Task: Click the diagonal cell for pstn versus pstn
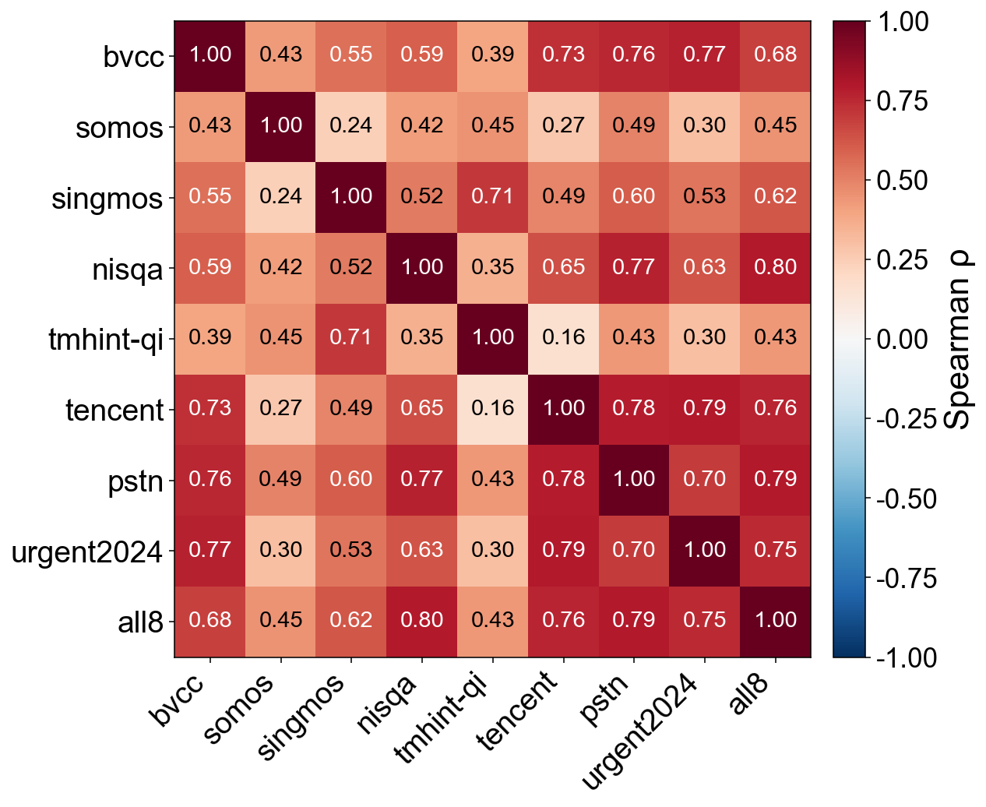(x=633, y=480)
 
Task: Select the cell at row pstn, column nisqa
(x=421, y=480)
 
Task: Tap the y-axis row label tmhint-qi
(x=106, y=340)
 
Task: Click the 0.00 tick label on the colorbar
(x=902, y=339)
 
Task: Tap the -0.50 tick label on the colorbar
(x=906, y=499)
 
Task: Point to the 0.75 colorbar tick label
(x=902, y=100)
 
